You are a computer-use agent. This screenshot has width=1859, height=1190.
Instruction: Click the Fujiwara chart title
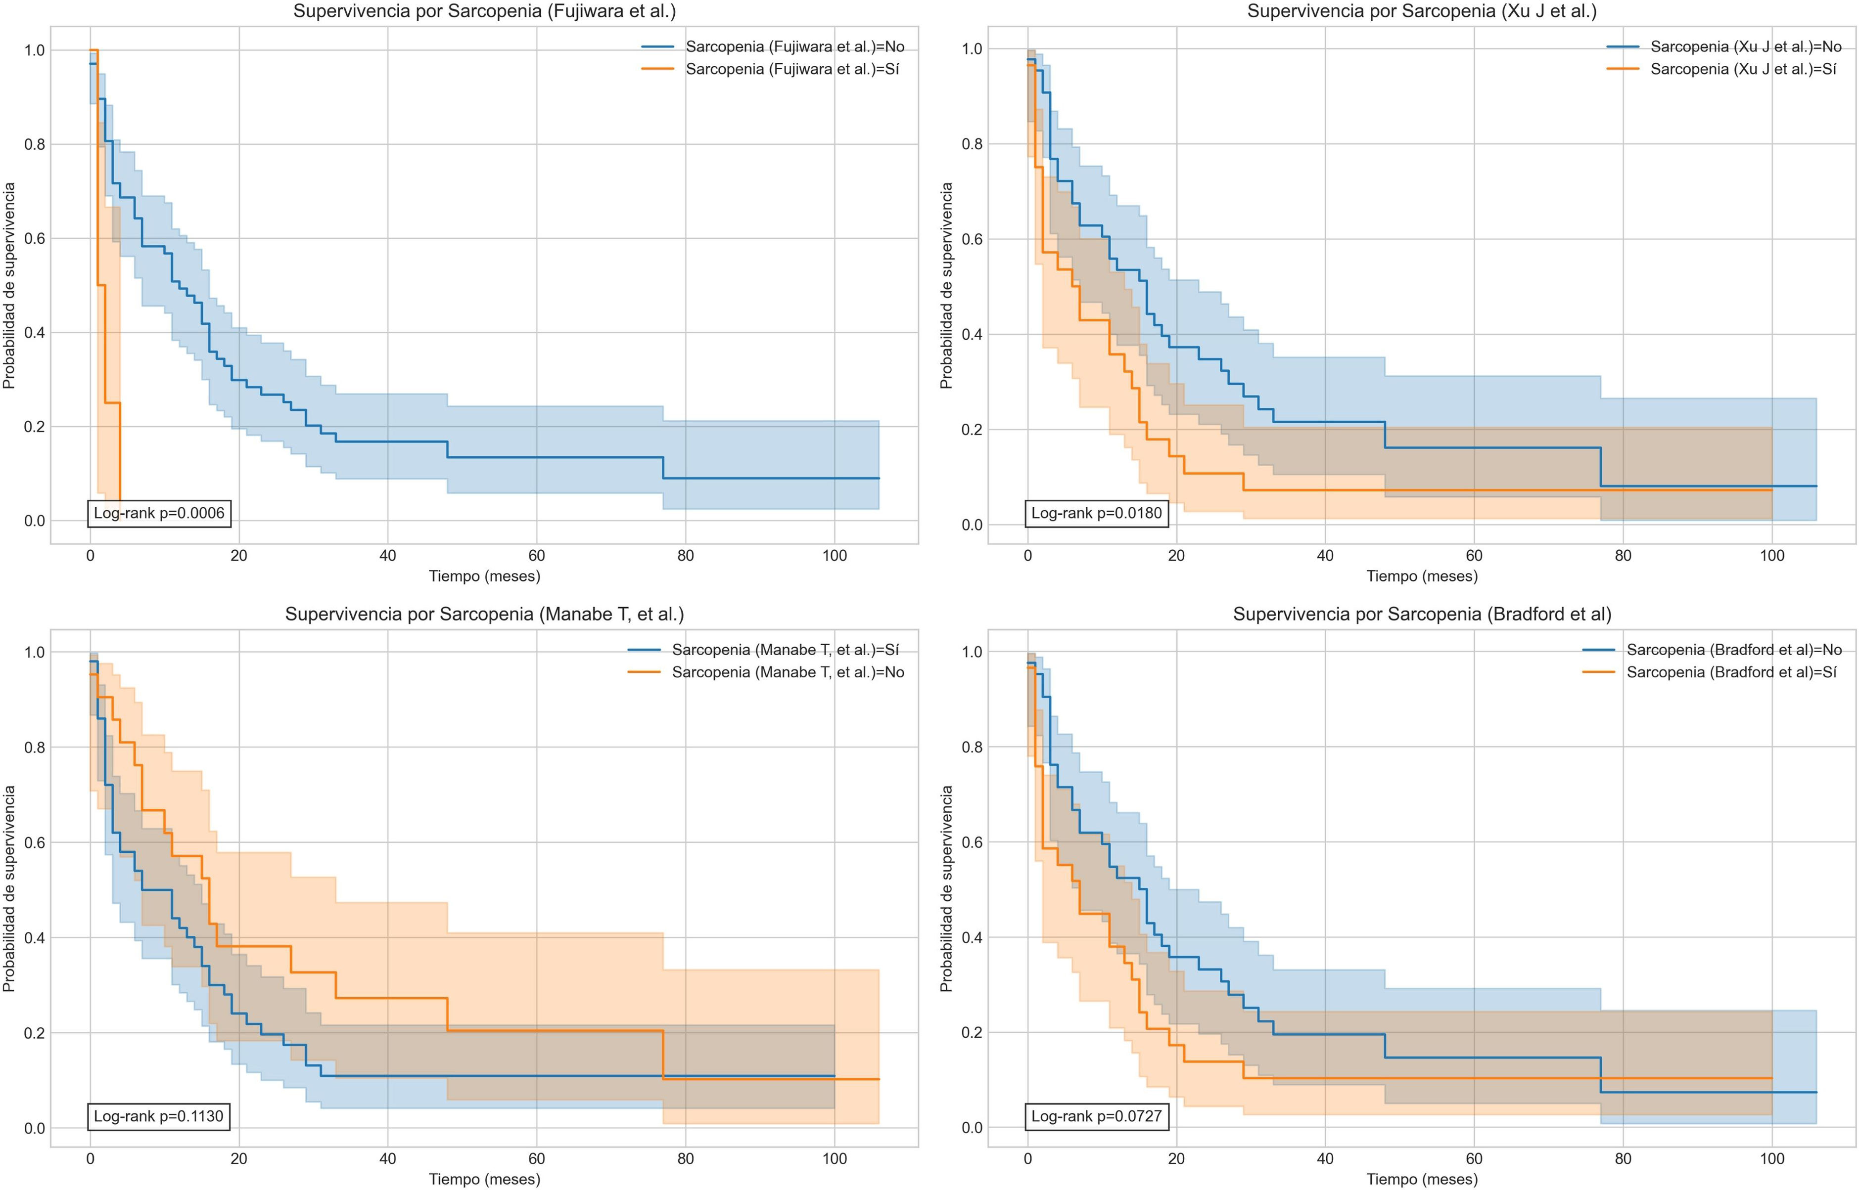(x=485, y=11)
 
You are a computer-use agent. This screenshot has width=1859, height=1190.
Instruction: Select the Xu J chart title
(x=1422, y=11)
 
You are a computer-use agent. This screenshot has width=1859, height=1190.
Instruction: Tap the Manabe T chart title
(x=485, y=615)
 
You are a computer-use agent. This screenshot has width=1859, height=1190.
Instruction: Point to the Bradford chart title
(x=1422, y=615)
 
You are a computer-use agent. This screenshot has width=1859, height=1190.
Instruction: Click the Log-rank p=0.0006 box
(x=159, y=513)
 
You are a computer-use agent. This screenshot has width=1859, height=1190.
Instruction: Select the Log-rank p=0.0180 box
(x=1096, y=513)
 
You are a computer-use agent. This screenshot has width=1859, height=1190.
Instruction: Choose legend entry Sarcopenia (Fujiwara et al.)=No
(x=794, y=47)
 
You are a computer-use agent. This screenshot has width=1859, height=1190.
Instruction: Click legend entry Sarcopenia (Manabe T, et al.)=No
(x=788, y=672)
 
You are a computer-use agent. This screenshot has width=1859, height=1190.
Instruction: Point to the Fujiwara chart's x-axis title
(x=485, y=576)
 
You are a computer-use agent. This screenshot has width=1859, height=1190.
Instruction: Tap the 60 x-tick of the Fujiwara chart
(x=536, y=556)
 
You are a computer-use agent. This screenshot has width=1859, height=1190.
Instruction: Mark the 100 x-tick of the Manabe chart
(x=835, y=1158)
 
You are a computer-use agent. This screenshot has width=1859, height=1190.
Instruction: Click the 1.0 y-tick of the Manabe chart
(x=34, y=652)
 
